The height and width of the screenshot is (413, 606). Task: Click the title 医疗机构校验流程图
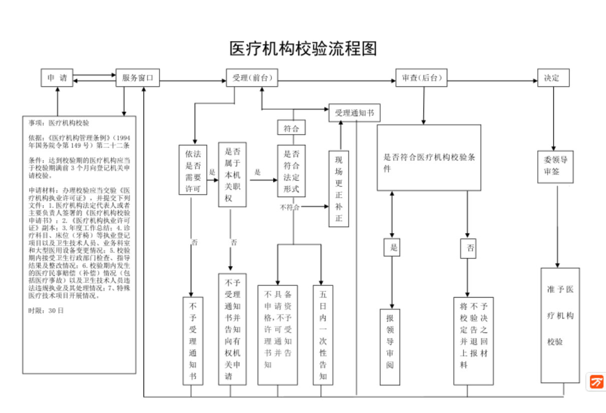tap(303, 48)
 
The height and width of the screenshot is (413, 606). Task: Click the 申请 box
tap(57, 78)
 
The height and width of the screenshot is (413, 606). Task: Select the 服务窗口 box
tap(138, 78)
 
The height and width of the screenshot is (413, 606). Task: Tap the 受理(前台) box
tap(252, 78)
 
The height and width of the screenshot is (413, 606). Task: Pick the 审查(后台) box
tap(421, 78)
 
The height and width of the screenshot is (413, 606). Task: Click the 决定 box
tap(553, 78)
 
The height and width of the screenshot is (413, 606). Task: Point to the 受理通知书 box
tap(354, 113)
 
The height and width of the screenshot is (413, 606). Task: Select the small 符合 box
tap(292, 128)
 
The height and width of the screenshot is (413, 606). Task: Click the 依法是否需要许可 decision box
tap(193, 170)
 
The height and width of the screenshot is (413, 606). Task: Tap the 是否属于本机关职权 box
tap(232, 174)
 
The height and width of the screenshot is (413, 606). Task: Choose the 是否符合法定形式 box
tap(292, 171)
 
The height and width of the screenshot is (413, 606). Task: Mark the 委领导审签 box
tap(555, 166)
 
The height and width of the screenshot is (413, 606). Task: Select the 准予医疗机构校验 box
tap(560, 325)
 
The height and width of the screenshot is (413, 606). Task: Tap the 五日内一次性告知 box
tap(323, 335)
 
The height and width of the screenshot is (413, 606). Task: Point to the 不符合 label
tap(290, 207)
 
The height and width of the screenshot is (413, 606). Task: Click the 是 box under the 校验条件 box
tap(392, 247)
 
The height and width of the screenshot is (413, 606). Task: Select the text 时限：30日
tap(46, 310)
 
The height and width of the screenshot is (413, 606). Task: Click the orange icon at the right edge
tap(596, 382)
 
